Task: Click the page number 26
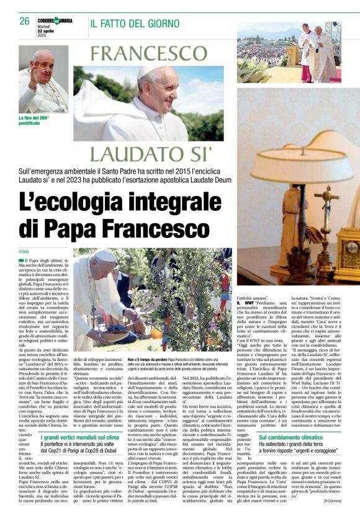pyautogui.click(x=24, y=21)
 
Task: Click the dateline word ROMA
pyautogui.click(x=24, y=251)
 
